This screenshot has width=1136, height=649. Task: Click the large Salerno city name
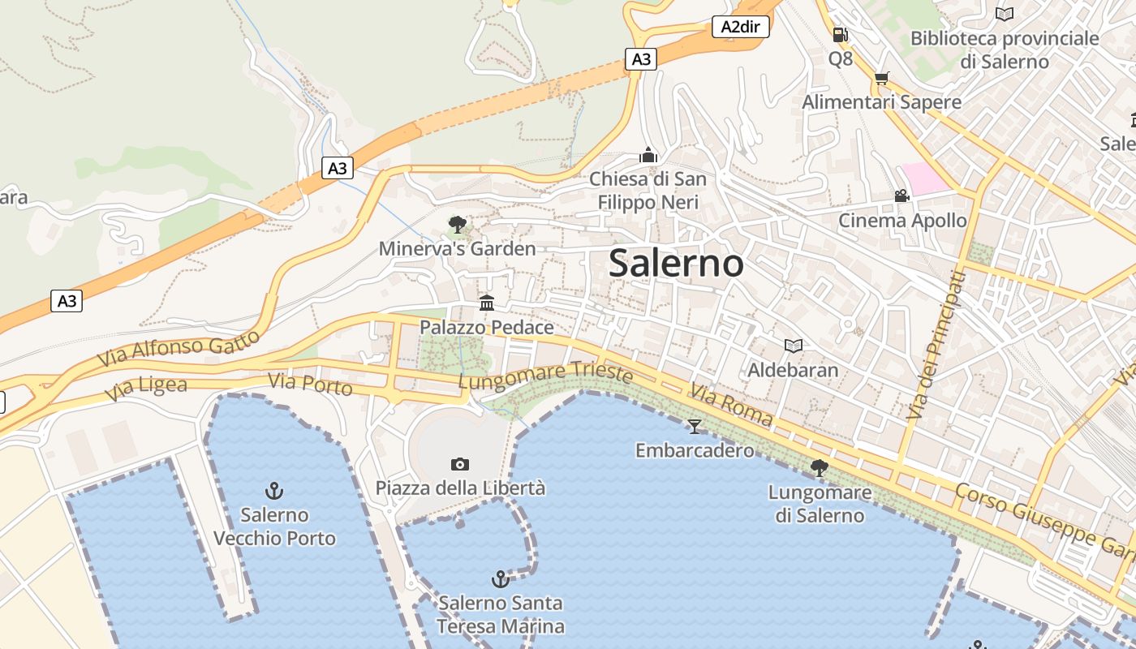[x=676, y=264]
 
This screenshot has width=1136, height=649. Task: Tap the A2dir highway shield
[x=740, y=27]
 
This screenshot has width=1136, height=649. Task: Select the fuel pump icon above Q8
[x=840, y=35]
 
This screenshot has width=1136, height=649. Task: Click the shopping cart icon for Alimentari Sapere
[x=881, y=79]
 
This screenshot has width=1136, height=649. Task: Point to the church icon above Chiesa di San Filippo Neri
[x=648, y=155]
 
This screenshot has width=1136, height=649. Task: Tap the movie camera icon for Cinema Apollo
[x=901, y=196]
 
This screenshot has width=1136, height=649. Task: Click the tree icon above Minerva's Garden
[x=457, y=224]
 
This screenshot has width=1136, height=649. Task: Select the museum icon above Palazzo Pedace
[x=487, y=303]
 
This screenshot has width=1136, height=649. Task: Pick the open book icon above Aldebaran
[x=793, y=346]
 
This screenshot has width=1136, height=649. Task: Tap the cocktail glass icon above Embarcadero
[x=694, y=426]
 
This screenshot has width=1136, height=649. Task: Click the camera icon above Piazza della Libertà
[x=460, y=464]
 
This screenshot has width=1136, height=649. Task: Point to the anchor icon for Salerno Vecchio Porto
[x=274, y=491]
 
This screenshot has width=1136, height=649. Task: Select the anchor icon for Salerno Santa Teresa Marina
[x=501, y=579]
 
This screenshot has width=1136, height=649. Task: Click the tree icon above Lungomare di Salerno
[x=820, y=467]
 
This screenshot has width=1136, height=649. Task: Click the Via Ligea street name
[x=146, y=389]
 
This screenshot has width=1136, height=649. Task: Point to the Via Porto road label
[x=310, y=384]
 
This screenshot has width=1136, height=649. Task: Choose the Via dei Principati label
[x=936, y=345]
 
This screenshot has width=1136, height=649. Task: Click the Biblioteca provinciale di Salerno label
[x=1005, y=49]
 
